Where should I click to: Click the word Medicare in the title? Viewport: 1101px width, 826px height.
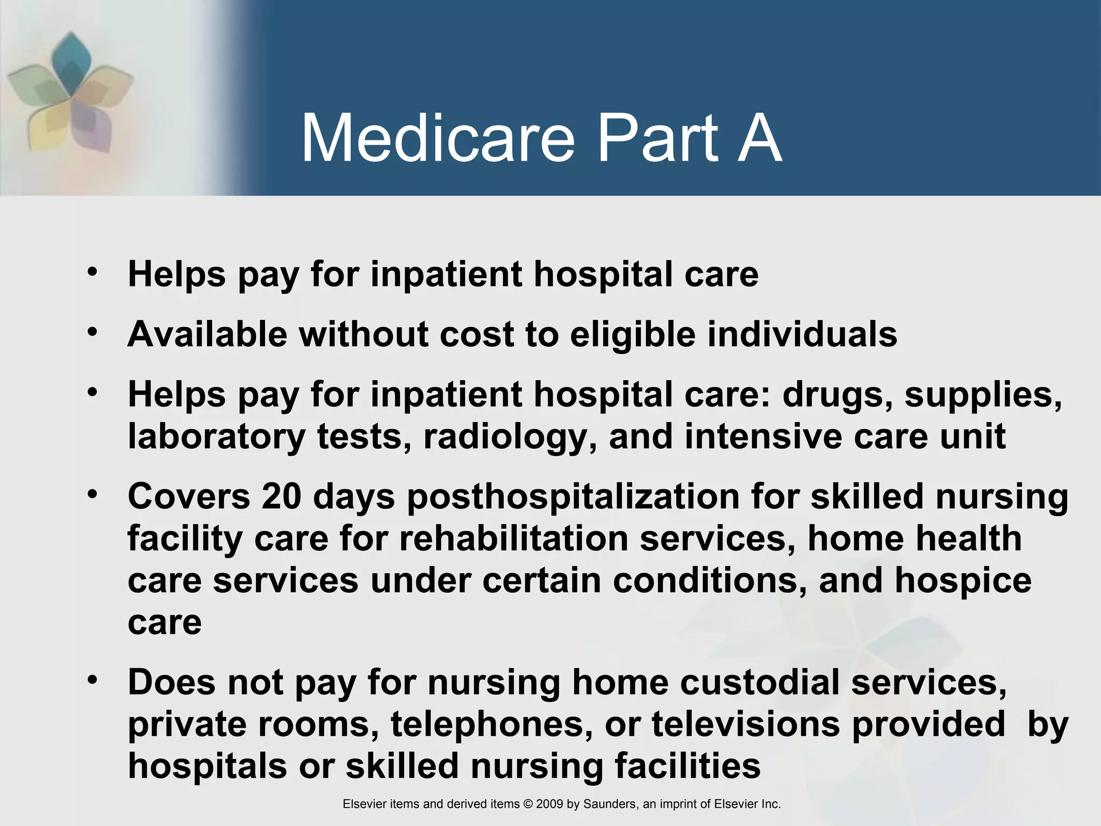pos(438,139)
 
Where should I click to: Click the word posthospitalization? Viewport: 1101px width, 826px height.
pos(573,497)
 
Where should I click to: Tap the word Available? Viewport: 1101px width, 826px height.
pos(208,334)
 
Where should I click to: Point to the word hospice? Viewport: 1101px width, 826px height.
pos(963,581)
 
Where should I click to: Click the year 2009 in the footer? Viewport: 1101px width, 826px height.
pos(549,804)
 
